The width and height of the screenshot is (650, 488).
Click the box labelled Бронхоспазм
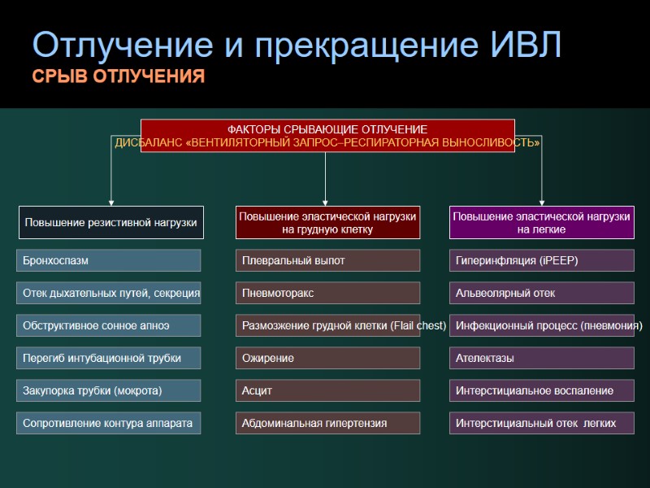[x=109, y=260]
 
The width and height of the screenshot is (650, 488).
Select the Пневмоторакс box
[x=327, y=293]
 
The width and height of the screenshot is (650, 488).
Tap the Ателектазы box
[x=542, y=358]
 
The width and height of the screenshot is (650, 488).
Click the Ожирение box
[x=327, y=358]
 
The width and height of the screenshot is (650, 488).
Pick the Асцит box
[x=327, y=390]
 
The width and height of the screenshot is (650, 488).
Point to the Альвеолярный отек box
[x=542, y=293]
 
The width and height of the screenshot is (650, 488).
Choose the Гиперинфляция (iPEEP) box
[x=542, y=260]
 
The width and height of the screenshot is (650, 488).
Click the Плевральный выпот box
[x=327, y=260]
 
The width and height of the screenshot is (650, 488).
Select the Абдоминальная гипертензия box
[x=327, y=423]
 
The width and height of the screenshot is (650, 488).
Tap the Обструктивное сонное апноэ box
[x=109, y=325]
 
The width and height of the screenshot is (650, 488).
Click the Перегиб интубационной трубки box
[x=109, y=358]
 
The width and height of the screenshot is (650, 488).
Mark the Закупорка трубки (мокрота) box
[x=109, y=390]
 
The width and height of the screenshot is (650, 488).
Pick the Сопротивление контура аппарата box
[x=109, y=423]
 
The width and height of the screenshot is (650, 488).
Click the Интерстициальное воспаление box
[x=542, y=390]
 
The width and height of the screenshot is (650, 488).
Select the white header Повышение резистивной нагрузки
[x=110, y=222]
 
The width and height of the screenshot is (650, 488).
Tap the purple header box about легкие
[x=542, y=222]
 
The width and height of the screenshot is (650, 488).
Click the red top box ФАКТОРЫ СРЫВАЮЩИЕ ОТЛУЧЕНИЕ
[x=327, y=135]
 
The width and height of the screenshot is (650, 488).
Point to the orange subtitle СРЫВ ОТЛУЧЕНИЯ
[x=119, y=77]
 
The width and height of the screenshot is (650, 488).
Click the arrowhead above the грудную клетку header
[x=326, y=201]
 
